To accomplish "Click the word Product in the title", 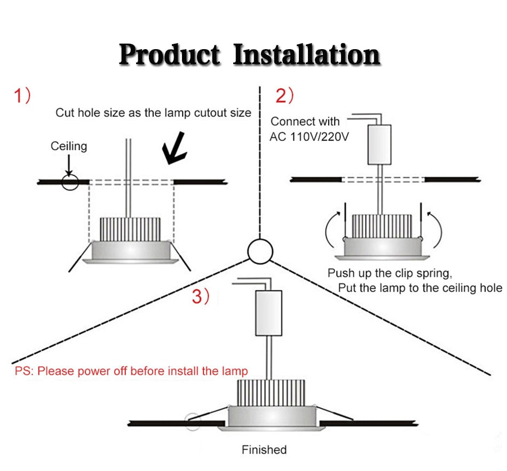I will click(169, 54).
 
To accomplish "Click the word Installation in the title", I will click(307, 54).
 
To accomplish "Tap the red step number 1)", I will click(23, 96).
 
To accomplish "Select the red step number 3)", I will click(201, 297).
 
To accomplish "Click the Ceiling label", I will click(69, 146).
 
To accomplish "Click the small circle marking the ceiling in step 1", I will click(69, 182).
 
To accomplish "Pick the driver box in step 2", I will click(379, 144).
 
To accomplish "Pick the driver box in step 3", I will click(268, 313).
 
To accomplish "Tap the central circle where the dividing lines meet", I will click(260, 251).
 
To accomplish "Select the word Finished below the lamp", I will click(264, 450).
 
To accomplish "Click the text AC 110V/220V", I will click(310, 137).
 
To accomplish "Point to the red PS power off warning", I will click(131, 371).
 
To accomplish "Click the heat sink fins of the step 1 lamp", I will click(130, 229).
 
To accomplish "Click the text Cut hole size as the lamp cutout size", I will click(153, 113).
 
